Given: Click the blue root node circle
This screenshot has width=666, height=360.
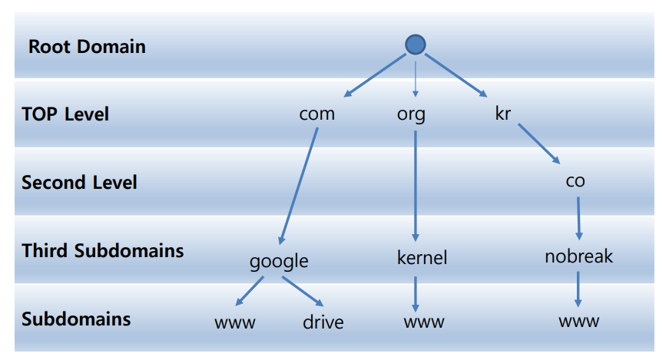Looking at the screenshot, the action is (x=415, y=45).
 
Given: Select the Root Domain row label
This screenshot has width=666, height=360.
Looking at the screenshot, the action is (x=87, y=47).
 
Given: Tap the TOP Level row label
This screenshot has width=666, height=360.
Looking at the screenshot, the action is (x=65, y=114).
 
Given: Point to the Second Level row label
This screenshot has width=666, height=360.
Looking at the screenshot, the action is (x=79, y=183).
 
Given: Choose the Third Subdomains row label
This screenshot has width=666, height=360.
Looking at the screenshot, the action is (x=102, y=251).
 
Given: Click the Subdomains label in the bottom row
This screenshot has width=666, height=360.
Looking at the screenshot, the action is (x=76, y=319).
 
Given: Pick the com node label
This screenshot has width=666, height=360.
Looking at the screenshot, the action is (x=316, y=114).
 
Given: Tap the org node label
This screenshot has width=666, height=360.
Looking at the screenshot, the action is (x=411, y=115).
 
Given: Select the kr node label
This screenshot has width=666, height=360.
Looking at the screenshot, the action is (x=503, y=114).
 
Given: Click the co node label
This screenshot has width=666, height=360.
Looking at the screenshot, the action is (x=575, y=181).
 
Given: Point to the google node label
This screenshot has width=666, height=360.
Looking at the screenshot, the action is (x=279, y=262).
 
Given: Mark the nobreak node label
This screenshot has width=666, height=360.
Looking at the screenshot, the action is (x=578, y=256).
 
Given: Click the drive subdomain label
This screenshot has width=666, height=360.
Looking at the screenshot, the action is (x=323, y=322).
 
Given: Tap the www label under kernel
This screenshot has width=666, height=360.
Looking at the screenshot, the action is (x=423, y=322).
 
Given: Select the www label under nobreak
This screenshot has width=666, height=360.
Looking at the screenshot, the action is (x=578, y=321).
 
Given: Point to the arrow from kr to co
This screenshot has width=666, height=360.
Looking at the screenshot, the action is (x=538, y=145).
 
